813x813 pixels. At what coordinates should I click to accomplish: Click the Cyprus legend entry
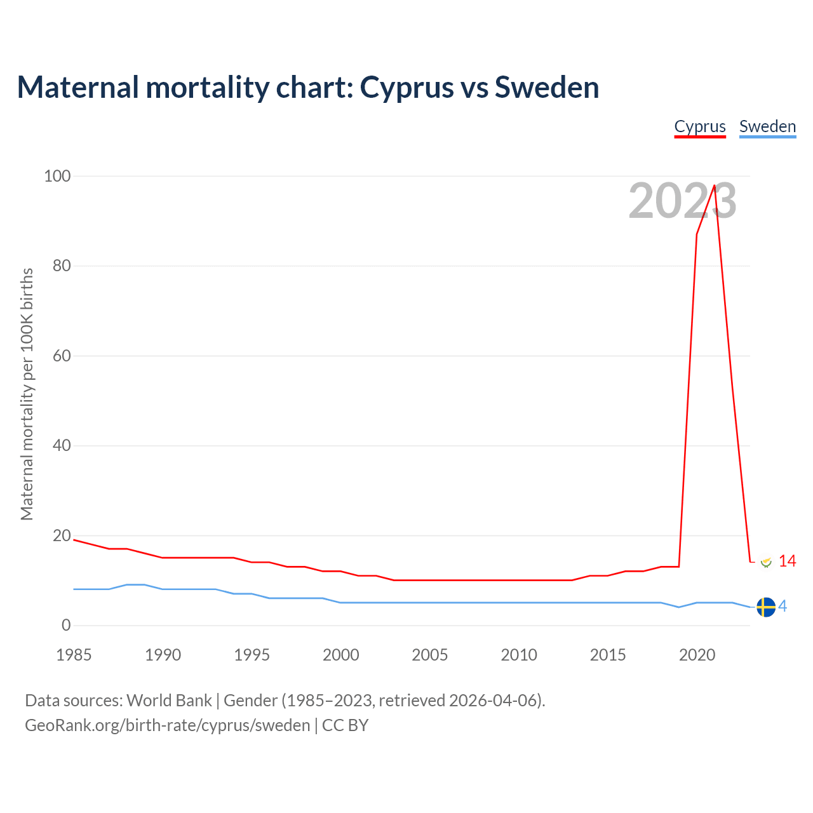click(700, 126)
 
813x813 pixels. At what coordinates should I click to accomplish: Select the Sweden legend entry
click(767, 126)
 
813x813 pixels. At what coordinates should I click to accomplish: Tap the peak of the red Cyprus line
click(715, 185)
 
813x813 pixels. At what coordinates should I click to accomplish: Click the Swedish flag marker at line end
click(766, 607)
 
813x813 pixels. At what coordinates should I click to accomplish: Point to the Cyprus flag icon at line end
click(766, 561)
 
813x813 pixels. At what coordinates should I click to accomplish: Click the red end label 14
click(787, 561)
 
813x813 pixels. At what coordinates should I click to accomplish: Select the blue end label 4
click(783, 607)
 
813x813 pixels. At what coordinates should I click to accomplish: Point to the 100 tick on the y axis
click(57, 176)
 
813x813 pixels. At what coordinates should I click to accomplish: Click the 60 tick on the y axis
click(62, 356)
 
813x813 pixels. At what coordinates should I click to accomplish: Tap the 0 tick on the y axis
click(66, 626)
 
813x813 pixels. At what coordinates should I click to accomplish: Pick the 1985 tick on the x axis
click(74, 655)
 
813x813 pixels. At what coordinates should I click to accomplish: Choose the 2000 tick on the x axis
click(341, 655)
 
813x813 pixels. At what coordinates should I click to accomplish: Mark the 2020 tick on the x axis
click(697, 655)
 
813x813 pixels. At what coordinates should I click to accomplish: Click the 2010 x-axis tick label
click(519, 655)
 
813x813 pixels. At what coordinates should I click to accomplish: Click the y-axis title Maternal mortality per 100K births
click(27, 394)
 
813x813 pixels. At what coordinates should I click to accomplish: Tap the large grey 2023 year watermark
click(682, 201)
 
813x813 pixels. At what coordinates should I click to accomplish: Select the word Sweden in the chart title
click(547, 88)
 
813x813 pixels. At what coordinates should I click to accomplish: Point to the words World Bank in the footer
click(169, 701)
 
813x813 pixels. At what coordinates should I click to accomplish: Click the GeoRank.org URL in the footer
click(167, 725)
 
